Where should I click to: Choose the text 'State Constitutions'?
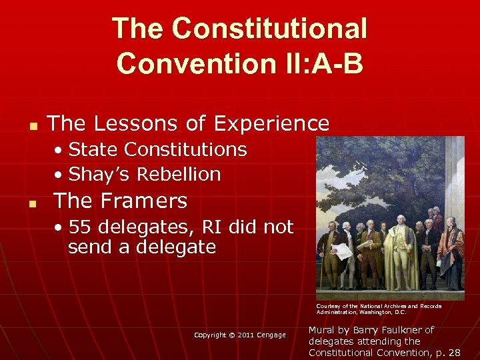click(157, 149)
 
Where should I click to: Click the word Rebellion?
click(178, 174)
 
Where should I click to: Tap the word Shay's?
click(101, 174)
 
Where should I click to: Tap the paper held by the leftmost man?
click(340, 251)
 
